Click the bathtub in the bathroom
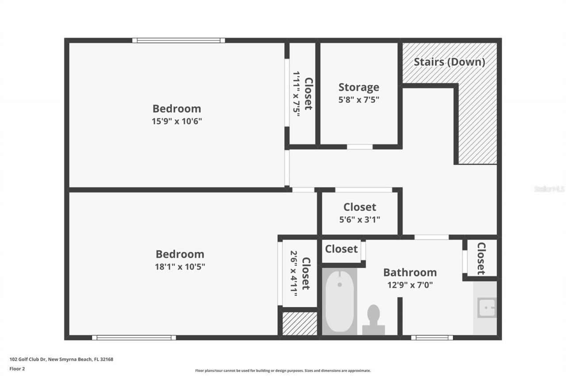(340, 301)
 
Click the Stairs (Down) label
(449, 62)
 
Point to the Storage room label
(359, 87)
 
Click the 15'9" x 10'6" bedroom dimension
(176, 121)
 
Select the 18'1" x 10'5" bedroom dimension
(180, 267)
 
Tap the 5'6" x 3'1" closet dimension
(359, 219)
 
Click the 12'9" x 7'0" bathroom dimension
(409, 284)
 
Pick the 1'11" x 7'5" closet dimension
(296, 94)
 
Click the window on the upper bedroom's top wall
(179, 40)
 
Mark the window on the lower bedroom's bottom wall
(134, 338)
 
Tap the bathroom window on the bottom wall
(432, 338)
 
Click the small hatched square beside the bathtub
(300, 323)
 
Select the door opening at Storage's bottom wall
(359, 147)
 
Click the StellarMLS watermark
(549, 189)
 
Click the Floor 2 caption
(17, 368)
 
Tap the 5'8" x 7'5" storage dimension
(359, 100)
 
